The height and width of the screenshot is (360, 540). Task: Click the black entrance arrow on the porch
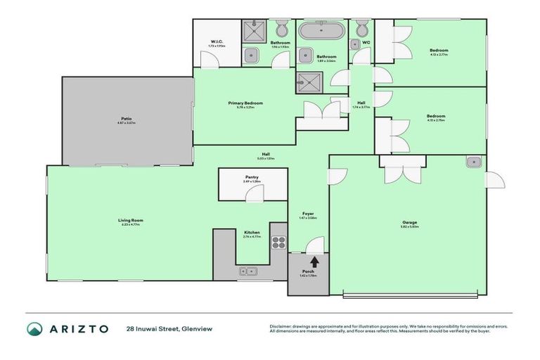pyautogui.click(x=314, y=262)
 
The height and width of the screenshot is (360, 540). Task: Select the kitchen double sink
pyautogui.click(x=250, y=270)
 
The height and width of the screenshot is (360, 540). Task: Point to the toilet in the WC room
pyautogui.click(x=362, y=30)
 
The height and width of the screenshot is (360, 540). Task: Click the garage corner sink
pyautogui.click(x=472, y=162)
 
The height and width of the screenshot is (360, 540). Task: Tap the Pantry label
pyautogui.click(x=252, y=178)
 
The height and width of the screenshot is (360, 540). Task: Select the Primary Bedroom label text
pyautogui.click(x=245, y=104)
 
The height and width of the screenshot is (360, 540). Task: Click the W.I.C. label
pyautogui.click(x=217, y=43)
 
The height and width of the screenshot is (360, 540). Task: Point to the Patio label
pyautogui.click(x=127, y=119)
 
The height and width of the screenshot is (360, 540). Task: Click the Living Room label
pyautogui.click(x=130, y=221)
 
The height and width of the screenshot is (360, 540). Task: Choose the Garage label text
pyautogui.click(x=409, y=223)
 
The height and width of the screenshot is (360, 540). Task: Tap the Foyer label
pyautogui.click(x=308, y=213)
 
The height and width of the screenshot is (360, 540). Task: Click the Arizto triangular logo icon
pyautogui.click(x=35, y=328)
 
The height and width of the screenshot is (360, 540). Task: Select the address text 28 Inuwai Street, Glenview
pyautogui.click(x=169, y=328)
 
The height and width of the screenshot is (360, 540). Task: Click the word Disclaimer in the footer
pyautogui.click(x=282, y=325)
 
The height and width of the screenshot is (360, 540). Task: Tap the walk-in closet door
pyautogui.click(x=208, y=62)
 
